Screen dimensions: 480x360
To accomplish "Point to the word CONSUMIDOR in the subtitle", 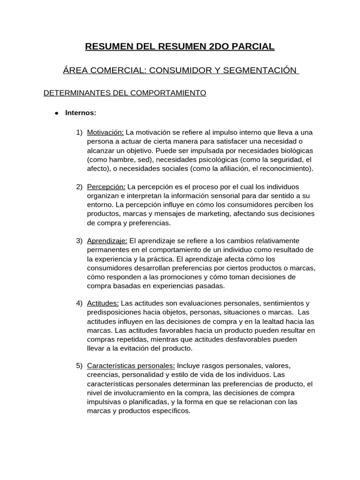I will pyautogui.click(x=174, y=70).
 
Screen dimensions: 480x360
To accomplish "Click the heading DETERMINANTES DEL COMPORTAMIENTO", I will pyautogui.click(x=125, y=93).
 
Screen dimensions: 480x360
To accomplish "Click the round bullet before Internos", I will pyautogui.click(x=56, y=113).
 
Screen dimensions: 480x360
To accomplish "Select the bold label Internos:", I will pyautogui.click(x=81, y=112).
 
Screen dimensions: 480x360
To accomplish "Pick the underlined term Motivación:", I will pyautogui.click(x=105, y=132).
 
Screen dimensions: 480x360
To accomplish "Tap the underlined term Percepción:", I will pyautogui.click(x=106, y=187).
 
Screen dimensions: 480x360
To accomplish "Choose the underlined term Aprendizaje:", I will pyautogui.click(x=107, y=241).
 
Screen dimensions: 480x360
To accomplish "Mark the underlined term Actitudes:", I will pyautogui.click(x=103, y=303).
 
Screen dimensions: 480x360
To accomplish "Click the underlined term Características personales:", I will pyautogui.click(x=131, y=365).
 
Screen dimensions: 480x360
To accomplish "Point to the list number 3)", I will pyautogui.click(x=79, y=241).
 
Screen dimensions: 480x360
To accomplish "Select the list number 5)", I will pyautogui.click(x=79, y=365).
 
